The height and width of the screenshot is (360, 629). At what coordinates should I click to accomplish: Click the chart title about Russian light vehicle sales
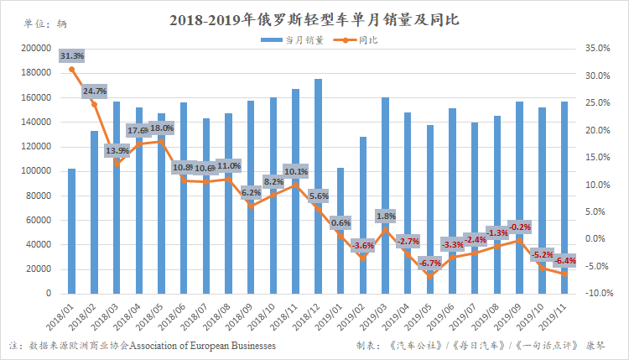[x=314, y=18]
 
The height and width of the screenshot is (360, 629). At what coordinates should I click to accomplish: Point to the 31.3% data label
[x=72, y=55]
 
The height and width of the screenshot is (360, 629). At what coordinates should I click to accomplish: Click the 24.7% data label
[x=94, y=91]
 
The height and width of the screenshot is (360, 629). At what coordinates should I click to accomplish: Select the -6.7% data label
[x=429, y=263]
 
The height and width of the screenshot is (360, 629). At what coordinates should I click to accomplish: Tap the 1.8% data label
[x=385, y=216]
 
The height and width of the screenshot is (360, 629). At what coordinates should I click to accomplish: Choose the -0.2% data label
[x=519, y=227]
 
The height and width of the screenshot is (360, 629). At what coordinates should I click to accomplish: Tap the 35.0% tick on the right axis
[x=597, y=49]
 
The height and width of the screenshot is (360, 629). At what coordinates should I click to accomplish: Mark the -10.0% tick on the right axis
[x=597, y=294]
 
